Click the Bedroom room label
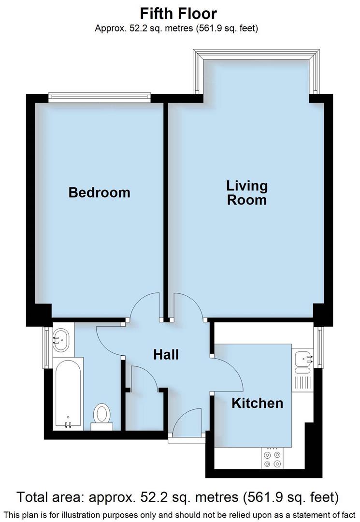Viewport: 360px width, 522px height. pos(99,192)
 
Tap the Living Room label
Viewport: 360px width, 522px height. pos(247,192)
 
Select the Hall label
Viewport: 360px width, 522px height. pos(166,354)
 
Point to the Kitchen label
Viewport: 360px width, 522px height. pos(257,403)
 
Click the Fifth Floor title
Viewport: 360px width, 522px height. pos(179,13)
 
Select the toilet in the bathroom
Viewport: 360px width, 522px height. pos(102,415)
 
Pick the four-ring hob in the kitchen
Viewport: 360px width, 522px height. pos(271,459)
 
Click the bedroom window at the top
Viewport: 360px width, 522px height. pos(99,98)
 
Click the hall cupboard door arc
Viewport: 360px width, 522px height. pos(144,377)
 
